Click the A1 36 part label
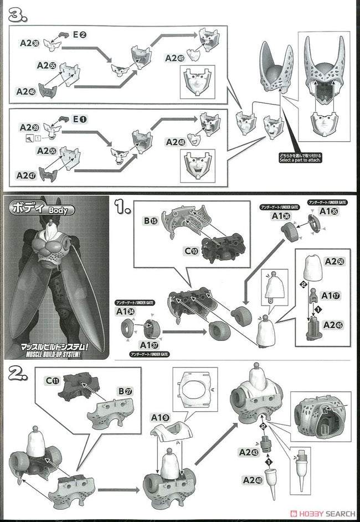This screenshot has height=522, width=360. pos(280,216)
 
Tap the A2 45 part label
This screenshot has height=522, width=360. pos(333,325)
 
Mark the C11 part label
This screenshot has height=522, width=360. pos(53,380)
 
